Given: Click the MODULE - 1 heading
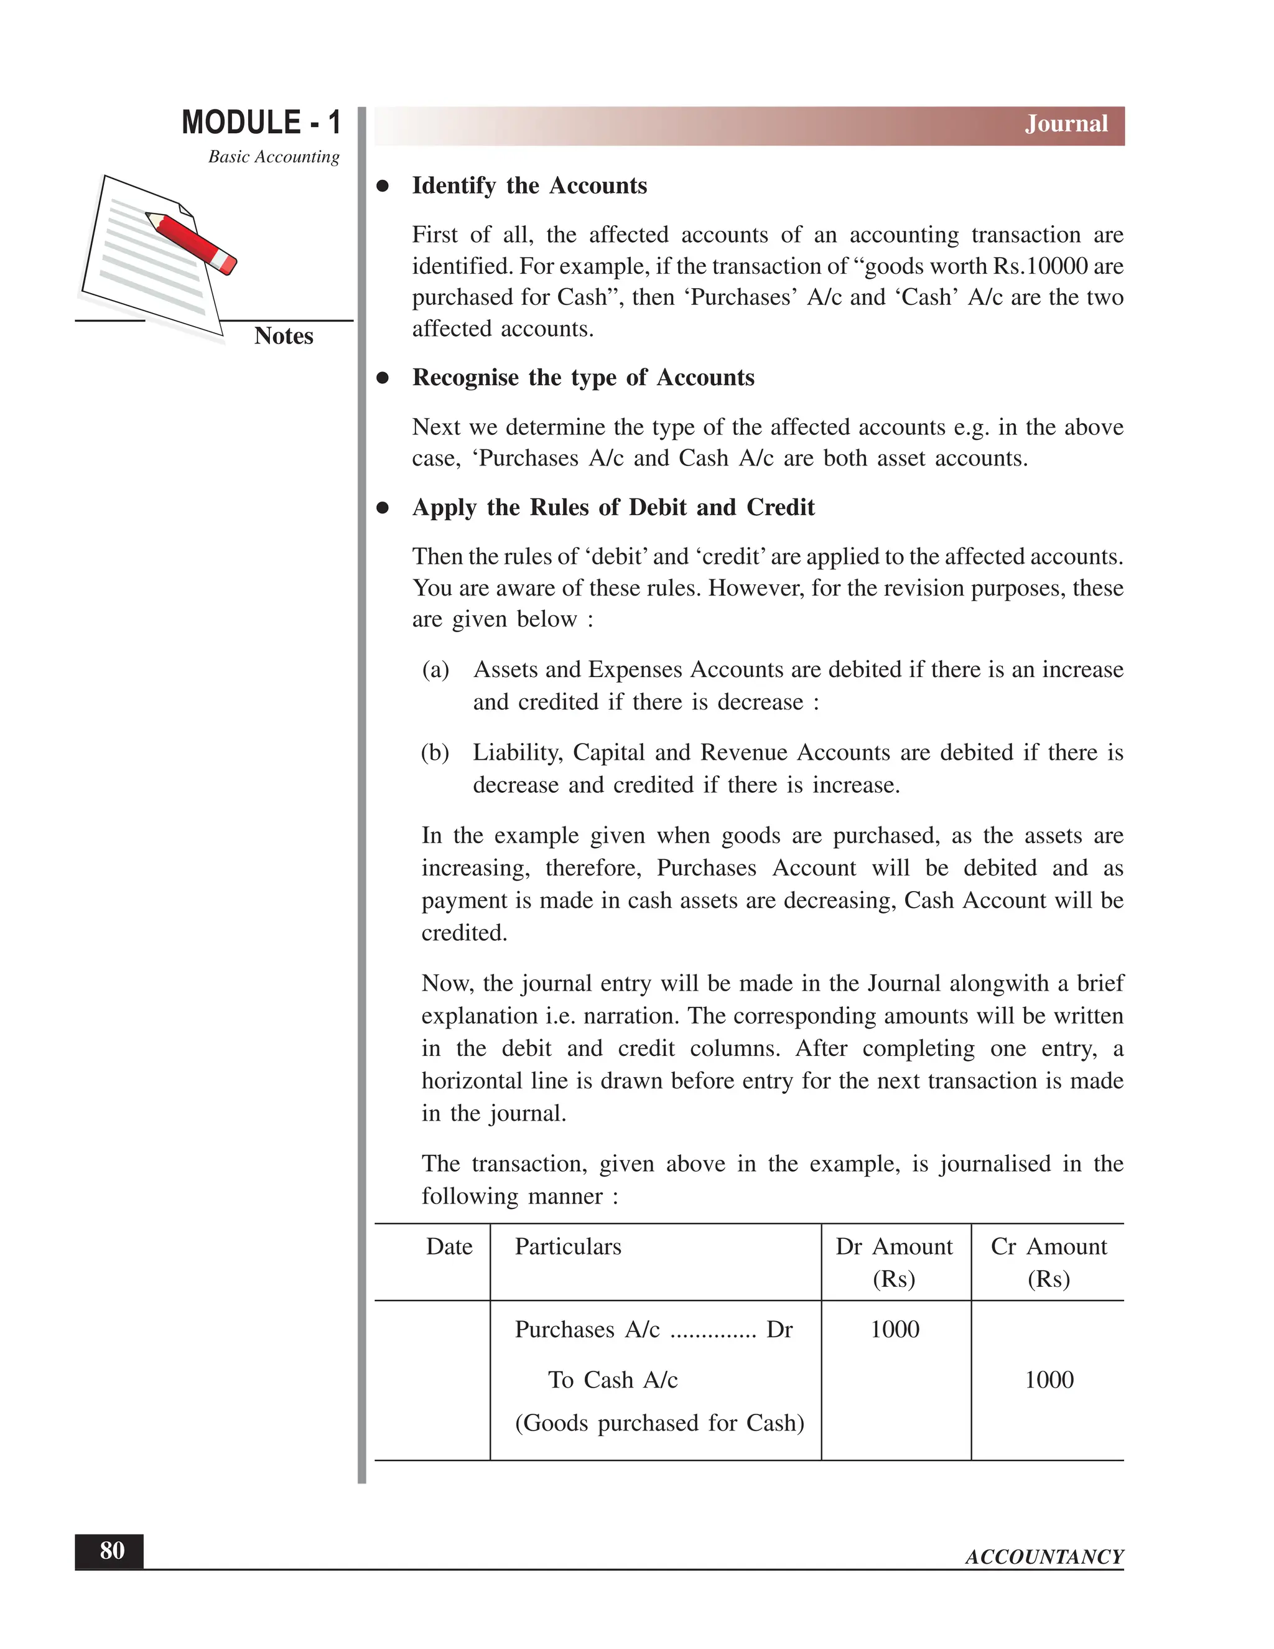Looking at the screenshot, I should (261, 123).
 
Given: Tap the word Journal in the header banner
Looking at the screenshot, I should (1066, 124).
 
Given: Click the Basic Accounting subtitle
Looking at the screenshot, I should (273, 157).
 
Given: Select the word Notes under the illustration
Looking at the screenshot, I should (283, 336).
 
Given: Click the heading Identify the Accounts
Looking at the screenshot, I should (529, 185).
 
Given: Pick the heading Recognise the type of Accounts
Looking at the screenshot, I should (583, 378).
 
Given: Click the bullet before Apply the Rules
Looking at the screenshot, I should (383, 508).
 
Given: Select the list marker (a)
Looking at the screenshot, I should (435, 670).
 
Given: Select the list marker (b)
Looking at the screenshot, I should (435, 753).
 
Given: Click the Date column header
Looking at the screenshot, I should (449, 1246).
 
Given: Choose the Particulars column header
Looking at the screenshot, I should (567, 1246).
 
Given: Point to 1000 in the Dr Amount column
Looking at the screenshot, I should (895, 1330).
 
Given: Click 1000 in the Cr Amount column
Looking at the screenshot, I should (1048, 1380).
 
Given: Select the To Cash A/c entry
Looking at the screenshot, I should (612, 1380).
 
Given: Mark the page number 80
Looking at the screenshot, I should (112, 1551).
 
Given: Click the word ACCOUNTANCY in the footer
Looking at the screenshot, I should (1044, 1557).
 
